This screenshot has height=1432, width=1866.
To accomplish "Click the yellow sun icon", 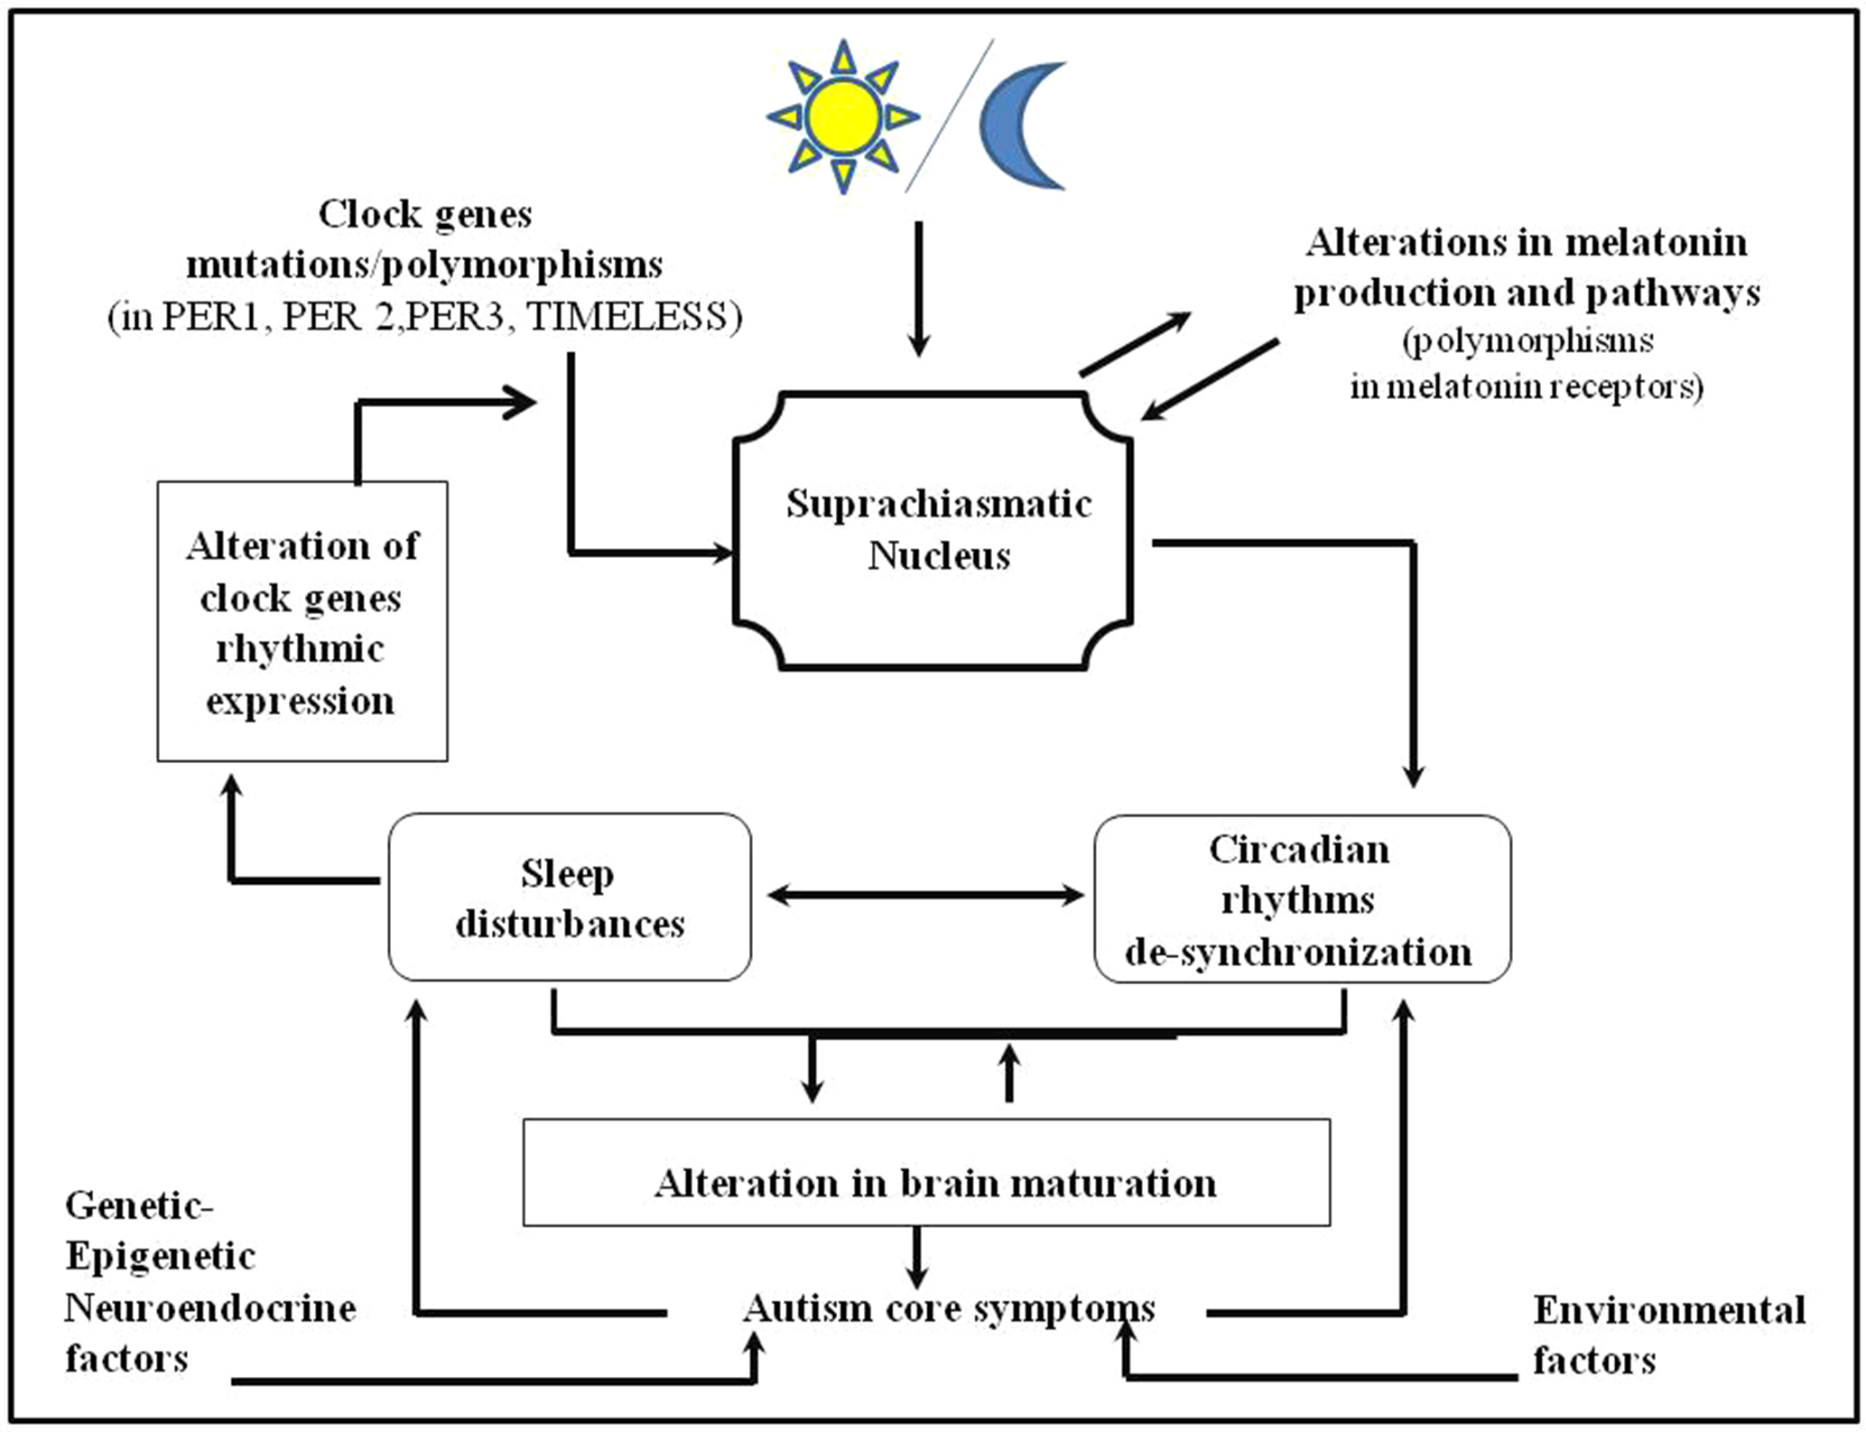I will pyautogui.click(x=842, y=117).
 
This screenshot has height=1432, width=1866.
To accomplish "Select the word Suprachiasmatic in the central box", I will pyautogui.click(x=939, y=504).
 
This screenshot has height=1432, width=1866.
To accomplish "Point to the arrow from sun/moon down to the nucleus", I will pyautogui.click(x=918, y=289).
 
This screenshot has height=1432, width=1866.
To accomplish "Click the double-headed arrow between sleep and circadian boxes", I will pyautogui.click(x=925, y=895).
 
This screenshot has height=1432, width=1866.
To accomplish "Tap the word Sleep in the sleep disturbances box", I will pyautogui.click(x=567, y=874).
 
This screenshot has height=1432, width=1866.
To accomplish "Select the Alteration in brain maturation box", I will pyautogui.click(x=926, y=1172).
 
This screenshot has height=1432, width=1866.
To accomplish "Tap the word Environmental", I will pyautogui.click(x=1668, y=1310).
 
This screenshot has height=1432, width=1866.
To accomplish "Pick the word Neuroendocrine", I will pyautogui.click(x=210, y=1308).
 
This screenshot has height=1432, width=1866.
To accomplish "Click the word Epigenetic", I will pyautogui.click(x=161, y=1257).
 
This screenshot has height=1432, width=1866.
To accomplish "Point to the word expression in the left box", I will pyautogui.click(x=301, y=702).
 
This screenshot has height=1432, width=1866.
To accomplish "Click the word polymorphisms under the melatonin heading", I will pyautogui.click(x=1529, y=341).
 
